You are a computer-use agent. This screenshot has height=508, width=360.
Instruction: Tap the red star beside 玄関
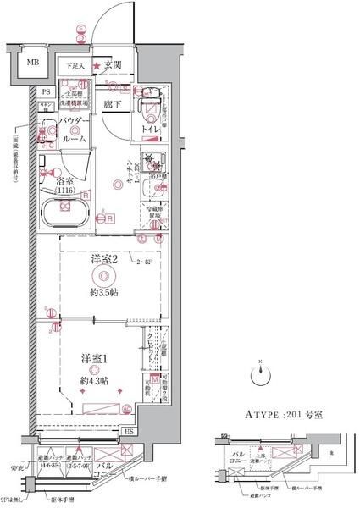97,65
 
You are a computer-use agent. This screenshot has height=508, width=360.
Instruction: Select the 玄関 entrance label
114,65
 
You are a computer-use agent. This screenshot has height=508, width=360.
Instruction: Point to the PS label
47,91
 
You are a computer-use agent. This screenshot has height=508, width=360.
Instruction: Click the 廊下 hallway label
112,102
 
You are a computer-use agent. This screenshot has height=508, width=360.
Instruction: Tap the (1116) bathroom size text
65,191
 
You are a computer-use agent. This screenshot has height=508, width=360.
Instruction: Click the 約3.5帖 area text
102,291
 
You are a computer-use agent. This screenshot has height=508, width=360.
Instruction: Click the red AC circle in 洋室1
125,409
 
